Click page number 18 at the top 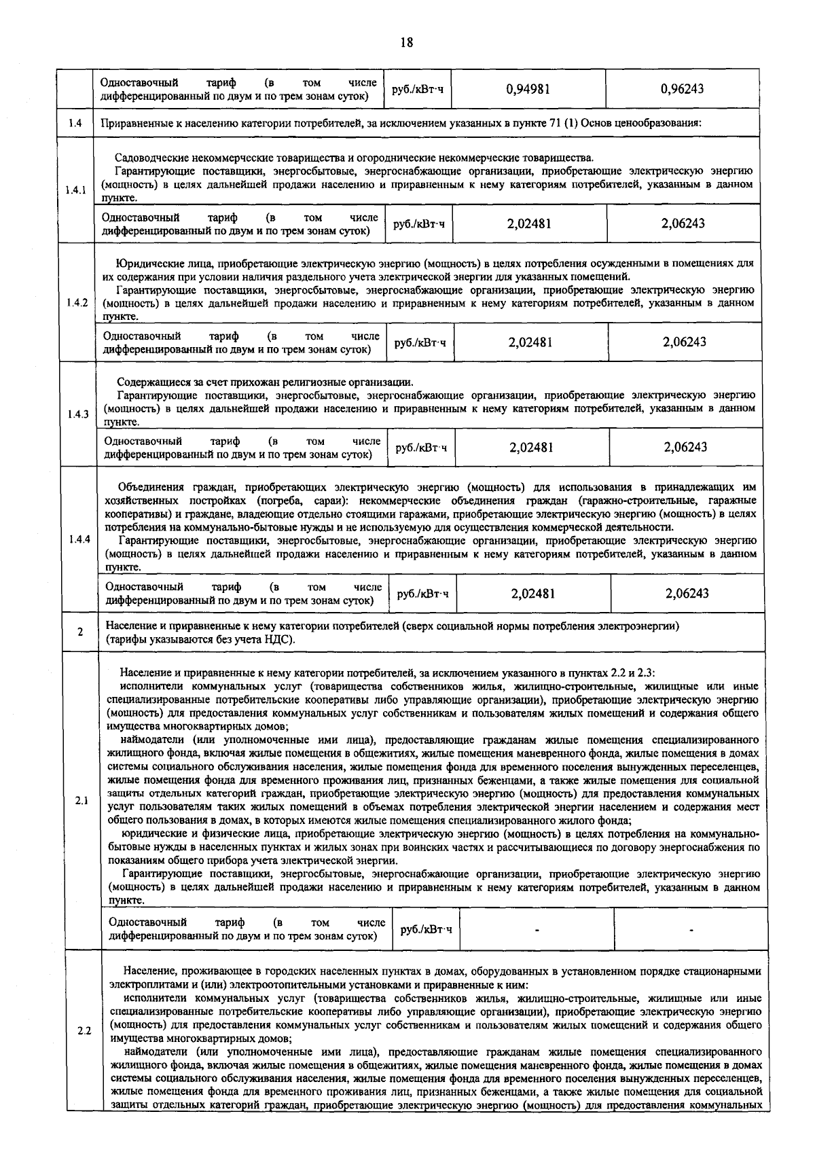pos(406,42)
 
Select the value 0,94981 pos(528,89)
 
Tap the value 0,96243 pos(682,89)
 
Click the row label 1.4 pos(75,123)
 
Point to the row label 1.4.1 pos(75,190)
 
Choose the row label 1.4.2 pos(77,303)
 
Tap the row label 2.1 pos(82,801)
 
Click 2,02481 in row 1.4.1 pos(529,223)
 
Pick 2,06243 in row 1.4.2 pos(685,342)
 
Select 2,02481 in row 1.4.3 pos(531,447)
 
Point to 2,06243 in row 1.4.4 pos(687,593)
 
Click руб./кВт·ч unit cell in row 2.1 pos(426,929)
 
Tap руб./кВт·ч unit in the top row pos(417,89)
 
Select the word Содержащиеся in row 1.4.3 pos(150,382)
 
